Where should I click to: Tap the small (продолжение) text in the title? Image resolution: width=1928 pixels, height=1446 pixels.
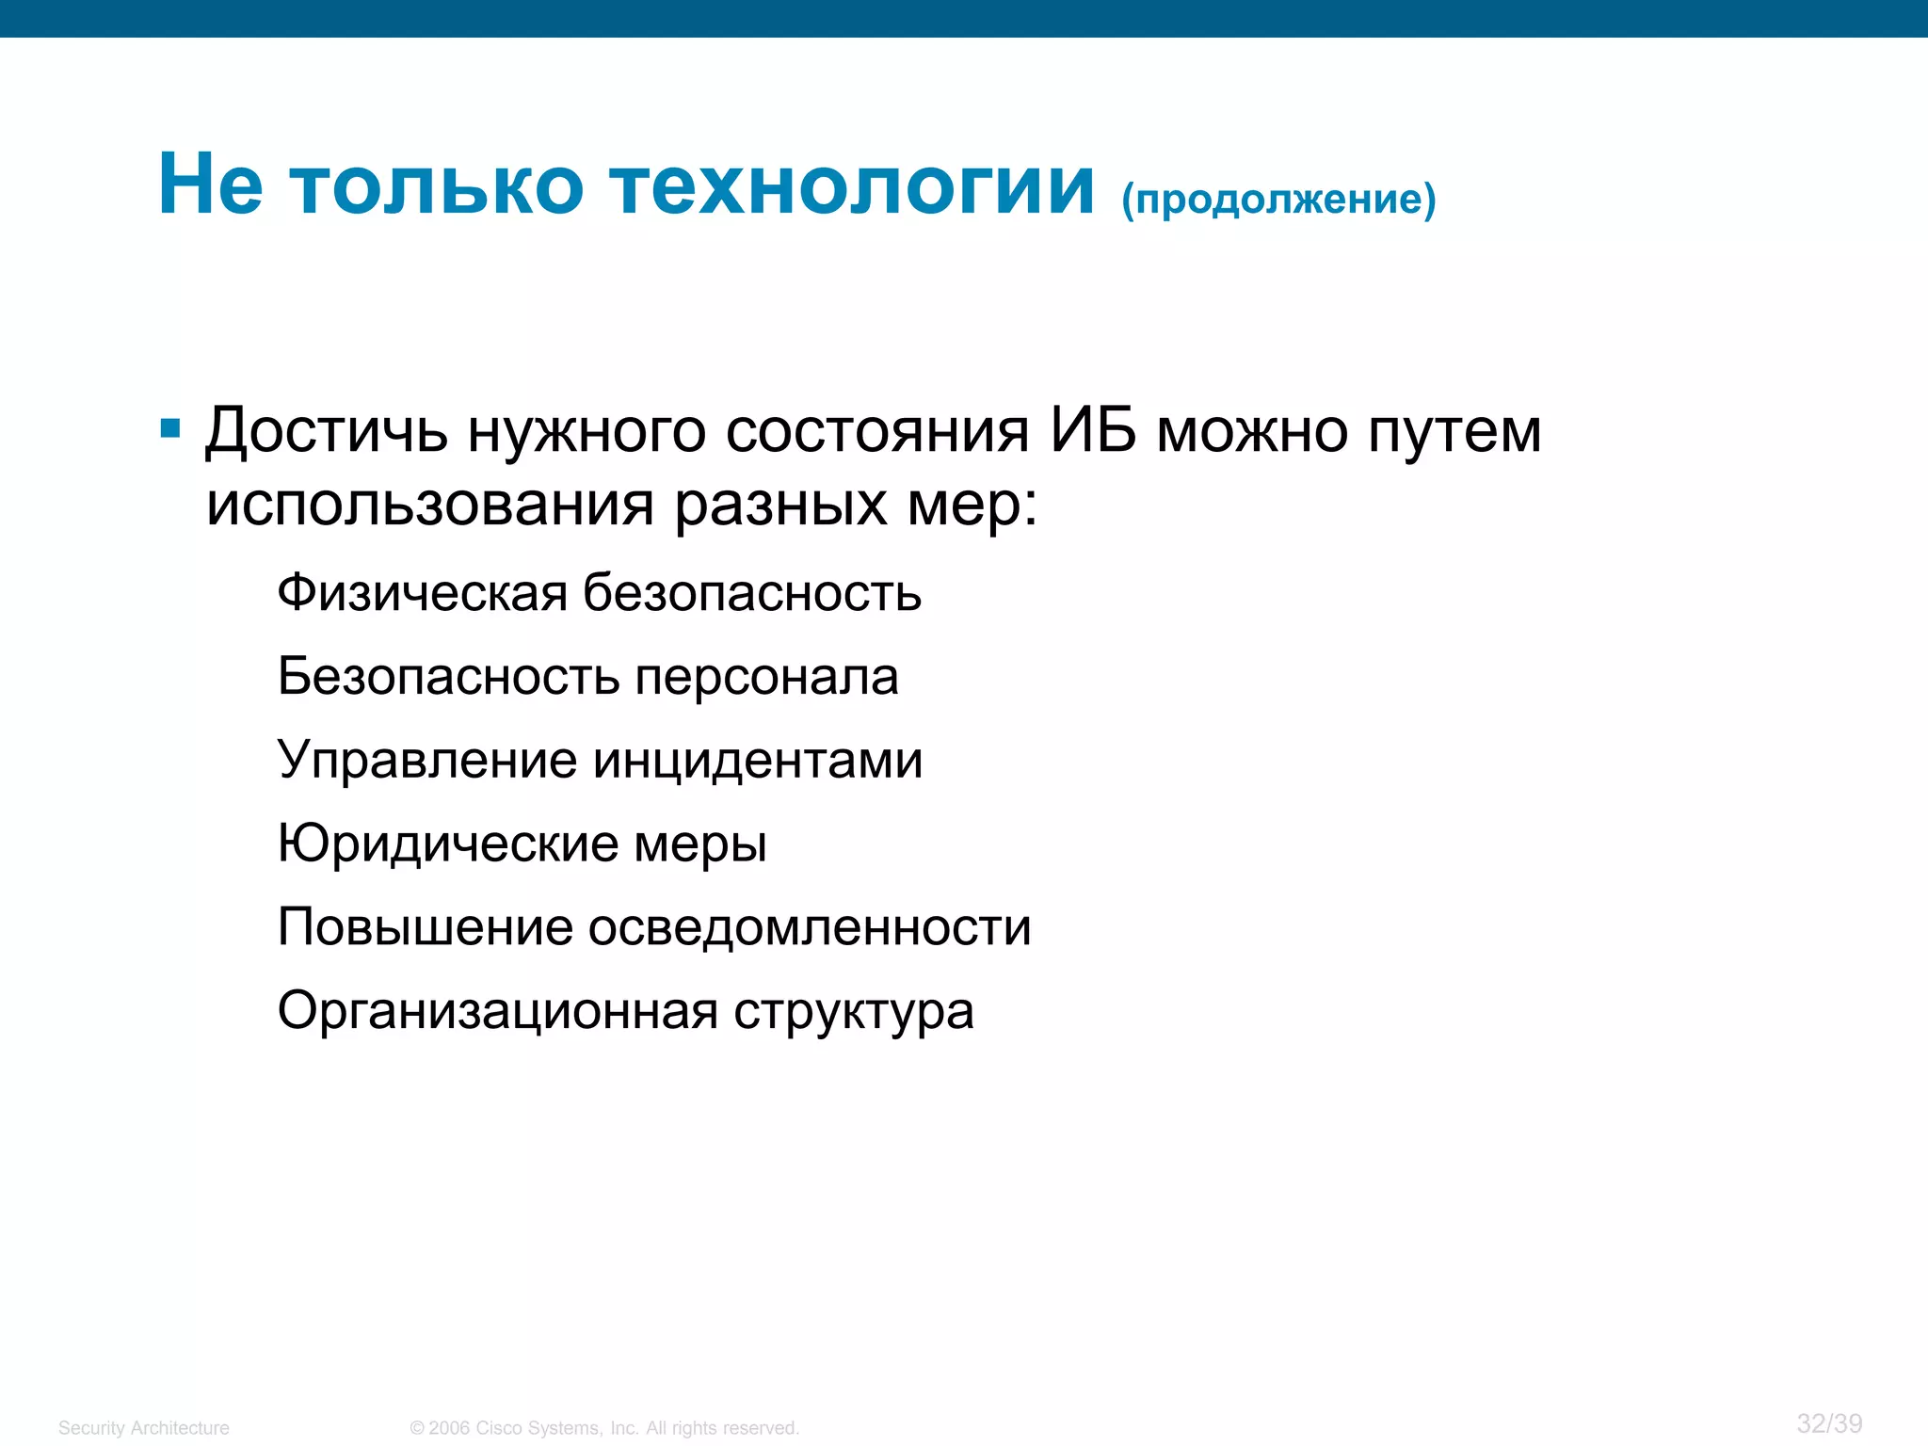pos(1278,200)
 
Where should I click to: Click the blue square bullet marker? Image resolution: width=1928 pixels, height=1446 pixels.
pos(170,429)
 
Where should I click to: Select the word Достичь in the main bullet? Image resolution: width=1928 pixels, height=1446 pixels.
pos(326,431)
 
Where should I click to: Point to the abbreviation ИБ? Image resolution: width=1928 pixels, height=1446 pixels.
pos(1093,431)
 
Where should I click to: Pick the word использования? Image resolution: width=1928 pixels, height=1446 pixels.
pos(429,506)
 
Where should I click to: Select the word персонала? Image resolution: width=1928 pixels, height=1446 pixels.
pos(766,677)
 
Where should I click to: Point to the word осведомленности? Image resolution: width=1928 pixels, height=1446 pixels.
pos(810,927)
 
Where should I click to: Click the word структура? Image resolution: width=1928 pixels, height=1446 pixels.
pos(853,1013)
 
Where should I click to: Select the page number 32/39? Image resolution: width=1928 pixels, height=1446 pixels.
pos(1829,1423)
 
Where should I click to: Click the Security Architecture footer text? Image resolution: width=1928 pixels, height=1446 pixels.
pos(143,1428)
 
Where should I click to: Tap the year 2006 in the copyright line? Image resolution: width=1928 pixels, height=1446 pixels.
pos(448,1428)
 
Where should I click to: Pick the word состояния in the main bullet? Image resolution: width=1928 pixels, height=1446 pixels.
pos(877,431)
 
